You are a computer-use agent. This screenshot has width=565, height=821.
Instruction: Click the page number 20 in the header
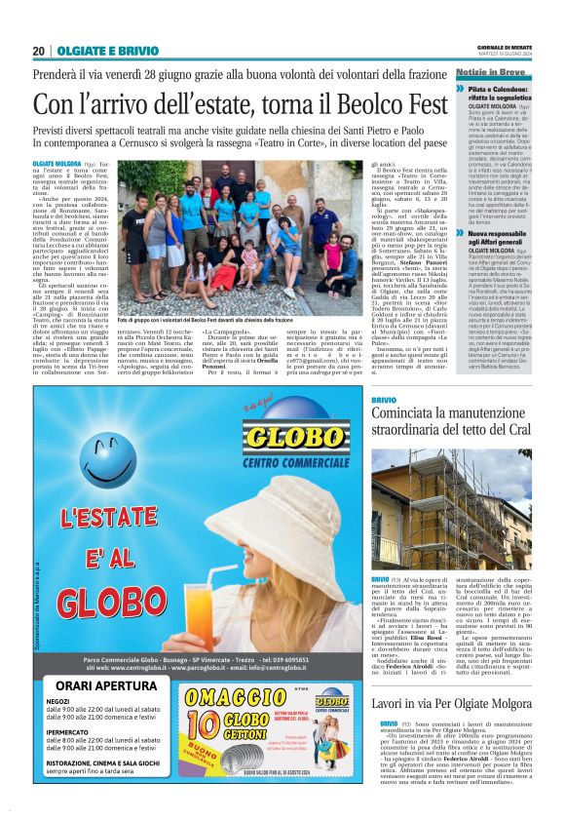click(39, 51)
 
